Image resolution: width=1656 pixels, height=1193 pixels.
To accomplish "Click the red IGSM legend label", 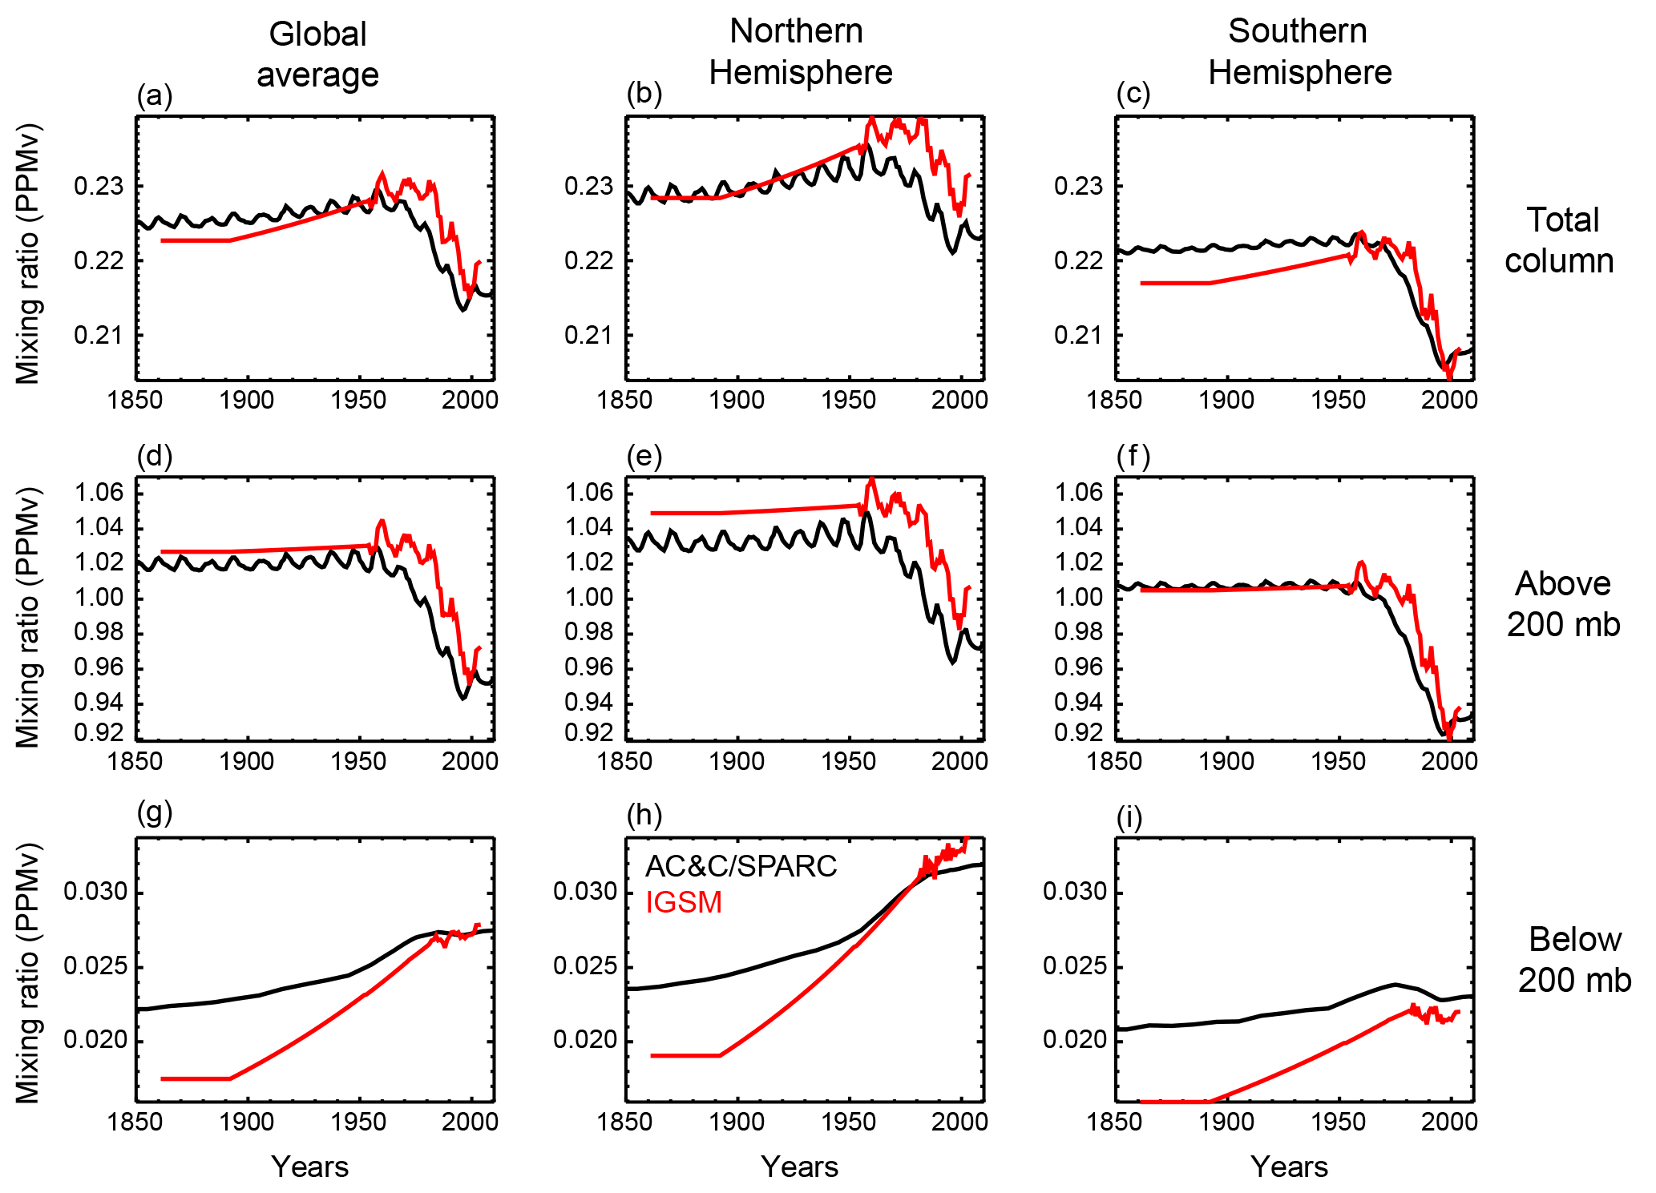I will coord(684,902).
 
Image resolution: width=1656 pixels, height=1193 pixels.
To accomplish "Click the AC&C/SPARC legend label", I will coord(741,866).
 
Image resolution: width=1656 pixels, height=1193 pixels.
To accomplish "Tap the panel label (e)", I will coord(644,456).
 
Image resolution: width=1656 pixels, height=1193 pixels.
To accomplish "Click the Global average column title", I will coord(317,54).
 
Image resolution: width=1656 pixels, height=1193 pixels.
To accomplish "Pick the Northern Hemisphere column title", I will coord(800,52).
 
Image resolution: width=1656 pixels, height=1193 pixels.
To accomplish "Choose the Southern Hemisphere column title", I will coord(1299,52).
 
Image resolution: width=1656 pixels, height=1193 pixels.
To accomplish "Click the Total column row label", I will coord(1560,240).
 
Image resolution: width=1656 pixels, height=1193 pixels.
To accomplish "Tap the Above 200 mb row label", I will coord(1563,604).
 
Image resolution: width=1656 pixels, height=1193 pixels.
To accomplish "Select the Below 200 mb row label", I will coord(1574,960).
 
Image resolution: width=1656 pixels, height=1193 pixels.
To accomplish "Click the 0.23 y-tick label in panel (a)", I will coord(99,187).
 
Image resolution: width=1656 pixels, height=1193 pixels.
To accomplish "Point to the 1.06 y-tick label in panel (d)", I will coord(99,492).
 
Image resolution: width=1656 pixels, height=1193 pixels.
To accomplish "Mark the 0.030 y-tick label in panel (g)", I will coord(95,892).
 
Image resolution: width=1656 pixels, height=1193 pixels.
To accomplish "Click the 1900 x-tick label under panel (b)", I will coord(737,400).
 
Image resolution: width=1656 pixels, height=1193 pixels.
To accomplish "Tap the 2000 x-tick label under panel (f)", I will coord(1448,760).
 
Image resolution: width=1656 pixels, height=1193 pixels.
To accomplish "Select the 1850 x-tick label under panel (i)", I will coord(1114,1121).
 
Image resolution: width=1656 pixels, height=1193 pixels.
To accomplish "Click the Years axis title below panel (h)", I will coord(799,1167).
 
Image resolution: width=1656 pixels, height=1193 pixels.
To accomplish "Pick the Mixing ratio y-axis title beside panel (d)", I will coord(28,617).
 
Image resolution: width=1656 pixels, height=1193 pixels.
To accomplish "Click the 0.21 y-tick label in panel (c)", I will coord(1079,335).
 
